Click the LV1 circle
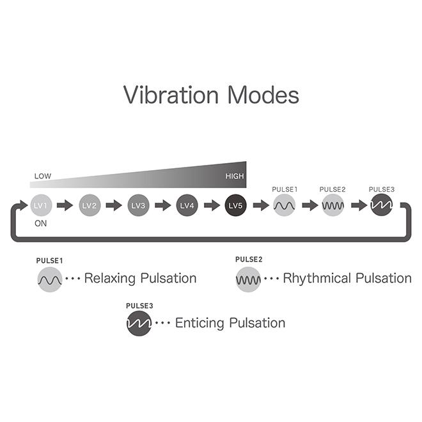pyautogui.click(x=41, y=205)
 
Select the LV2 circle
pyautogui.click(x=90, y=205)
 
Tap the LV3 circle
pyautogui.click(x=138, y=205)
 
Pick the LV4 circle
pyautogui.click(x=187, y=205)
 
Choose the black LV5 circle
pyautogui.click(x=236, y=205)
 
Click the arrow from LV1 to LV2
pyautogui.click(x=65, y=205)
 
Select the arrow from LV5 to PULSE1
pyautogui.click(x=261, y=205)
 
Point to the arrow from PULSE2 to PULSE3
pyautogui.click(x=359, y=205)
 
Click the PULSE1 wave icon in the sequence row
pyautogui.click(x=284, y=205)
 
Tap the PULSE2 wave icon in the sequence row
pyautogui.click(x=333, y=205)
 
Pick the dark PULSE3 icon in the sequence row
pyautogui.click(x=381, y=205)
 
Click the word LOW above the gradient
pyautogui.click(x=43, y=176)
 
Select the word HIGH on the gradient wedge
pyautogui.click(x=235, y=176)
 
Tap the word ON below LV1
pyautogui.click(x=41, y=223)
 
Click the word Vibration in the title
pyautogui.click(x=171, y=95)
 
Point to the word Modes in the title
pyautogui.click(x=263, y=95)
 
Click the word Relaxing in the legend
pyautogui.click(x=110, y=279)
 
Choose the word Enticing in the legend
pyautogui.click(x=199, y=324)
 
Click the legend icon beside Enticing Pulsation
pyautogui.click(x=139, y=324)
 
